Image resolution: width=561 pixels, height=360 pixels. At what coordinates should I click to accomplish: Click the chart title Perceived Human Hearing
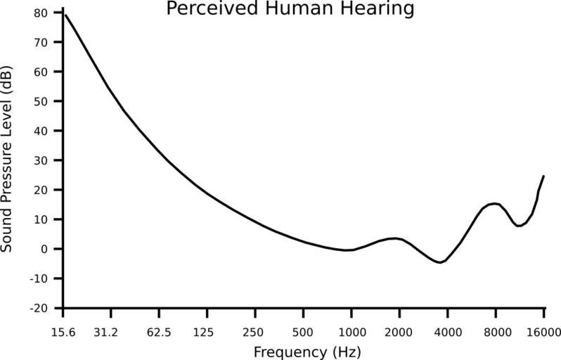click(x=290, y=9)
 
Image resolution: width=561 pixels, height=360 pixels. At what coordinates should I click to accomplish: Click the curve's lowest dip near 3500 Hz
click(x=440, y=262)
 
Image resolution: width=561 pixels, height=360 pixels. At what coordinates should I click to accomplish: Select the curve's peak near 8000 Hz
click(x=494, y=203)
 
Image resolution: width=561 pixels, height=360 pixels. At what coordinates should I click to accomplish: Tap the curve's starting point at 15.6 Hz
click(x=65, y=14)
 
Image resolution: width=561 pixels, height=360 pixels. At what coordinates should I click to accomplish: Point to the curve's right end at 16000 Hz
click(x=543, y=176)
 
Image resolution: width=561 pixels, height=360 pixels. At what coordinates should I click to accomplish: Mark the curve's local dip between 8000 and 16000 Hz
click(x=519, y=226)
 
